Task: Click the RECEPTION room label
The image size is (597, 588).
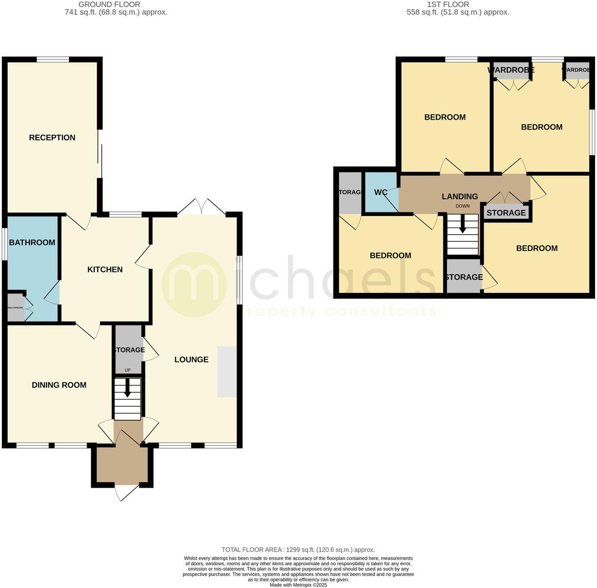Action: (x=52, y=137)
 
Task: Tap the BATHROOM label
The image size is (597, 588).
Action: (x=32, y=242)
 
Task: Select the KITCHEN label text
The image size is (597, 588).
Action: (x=105, y=269)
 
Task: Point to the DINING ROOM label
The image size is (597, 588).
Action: (x=59, y=385)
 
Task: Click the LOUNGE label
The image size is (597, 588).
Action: (x=191, y=359)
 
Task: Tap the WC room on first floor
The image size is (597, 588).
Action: (x=381, y=192)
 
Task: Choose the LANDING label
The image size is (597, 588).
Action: (x=460, y=196)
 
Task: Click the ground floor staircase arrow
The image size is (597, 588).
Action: (x=127, y=388)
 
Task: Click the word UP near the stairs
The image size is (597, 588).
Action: (x=127, y=370)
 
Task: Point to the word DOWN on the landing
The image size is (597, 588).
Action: (x=462, y=206)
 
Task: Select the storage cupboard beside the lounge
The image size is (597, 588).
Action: (x=128, y=350)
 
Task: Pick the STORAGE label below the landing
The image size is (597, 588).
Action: (x=506, y=212)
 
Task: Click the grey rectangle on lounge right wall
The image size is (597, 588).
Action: (x=227, y=372)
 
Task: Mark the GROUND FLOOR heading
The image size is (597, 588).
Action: (x=116, y=5)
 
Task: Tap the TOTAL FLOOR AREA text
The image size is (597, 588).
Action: (x=298, y=549)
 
